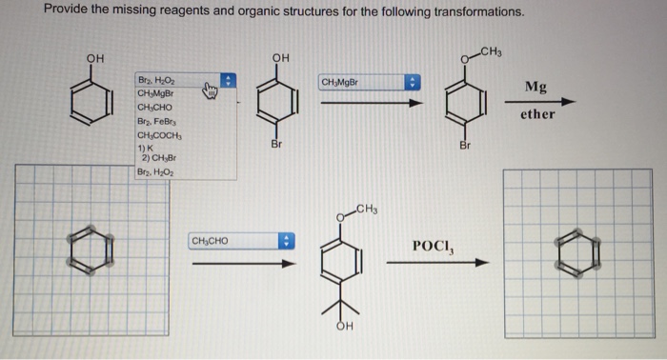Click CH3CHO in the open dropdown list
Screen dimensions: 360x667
(155, 107)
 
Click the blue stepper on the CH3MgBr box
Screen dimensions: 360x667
(413, 82)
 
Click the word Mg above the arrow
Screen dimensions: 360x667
(536, 88)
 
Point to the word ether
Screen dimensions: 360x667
(536, 115)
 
